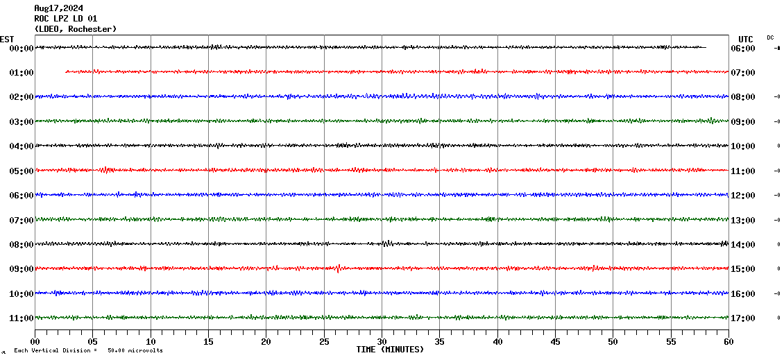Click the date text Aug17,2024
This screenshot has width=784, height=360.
point(59,8)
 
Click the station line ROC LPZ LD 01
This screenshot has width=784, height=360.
point(66,19)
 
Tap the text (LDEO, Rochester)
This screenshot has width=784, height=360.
point(76,29)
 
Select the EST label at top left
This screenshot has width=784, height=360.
point(7,39)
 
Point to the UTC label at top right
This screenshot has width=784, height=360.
point(746,39)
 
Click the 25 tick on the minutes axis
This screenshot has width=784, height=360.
point(324,342)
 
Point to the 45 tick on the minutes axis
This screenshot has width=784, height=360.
point(555,342)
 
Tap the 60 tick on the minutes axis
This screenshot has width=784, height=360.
point(728,342)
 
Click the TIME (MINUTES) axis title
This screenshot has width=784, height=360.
point(390,350)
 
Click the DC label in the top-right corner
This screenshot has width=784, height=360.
point(770,37)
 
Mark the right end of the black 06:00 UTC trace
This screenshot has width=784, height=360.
point(706,47)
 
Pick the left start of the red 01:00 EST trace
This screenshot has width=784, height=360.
point(66,71)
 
